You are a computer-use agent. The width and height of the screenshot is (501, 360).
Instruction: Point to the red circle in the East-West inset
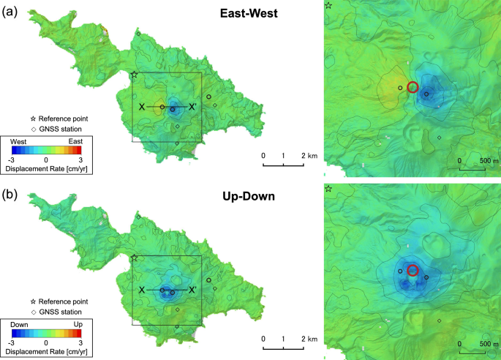click(x=413, y=87)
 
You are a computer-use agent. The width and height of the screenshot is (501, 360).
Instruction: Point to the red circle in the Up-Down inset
click(x=413, y=270)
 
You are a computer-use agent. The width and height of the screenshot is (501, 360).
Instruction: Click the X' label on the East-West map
click(x=192, y=108)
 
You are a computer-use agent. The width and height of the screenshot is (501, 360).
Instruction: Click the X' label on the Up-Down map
click(x=192, y=290)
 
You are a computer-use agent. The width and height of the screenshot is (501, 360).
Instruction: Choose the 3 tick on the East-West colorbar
click(x=80, y=158)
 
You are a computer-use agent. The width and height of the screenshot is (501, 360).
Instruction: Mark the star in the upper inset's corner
click(x=328, y=5)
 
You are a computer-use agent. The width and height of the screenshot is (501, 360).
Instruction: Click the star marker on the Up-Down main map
click(x=134, y=258)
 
